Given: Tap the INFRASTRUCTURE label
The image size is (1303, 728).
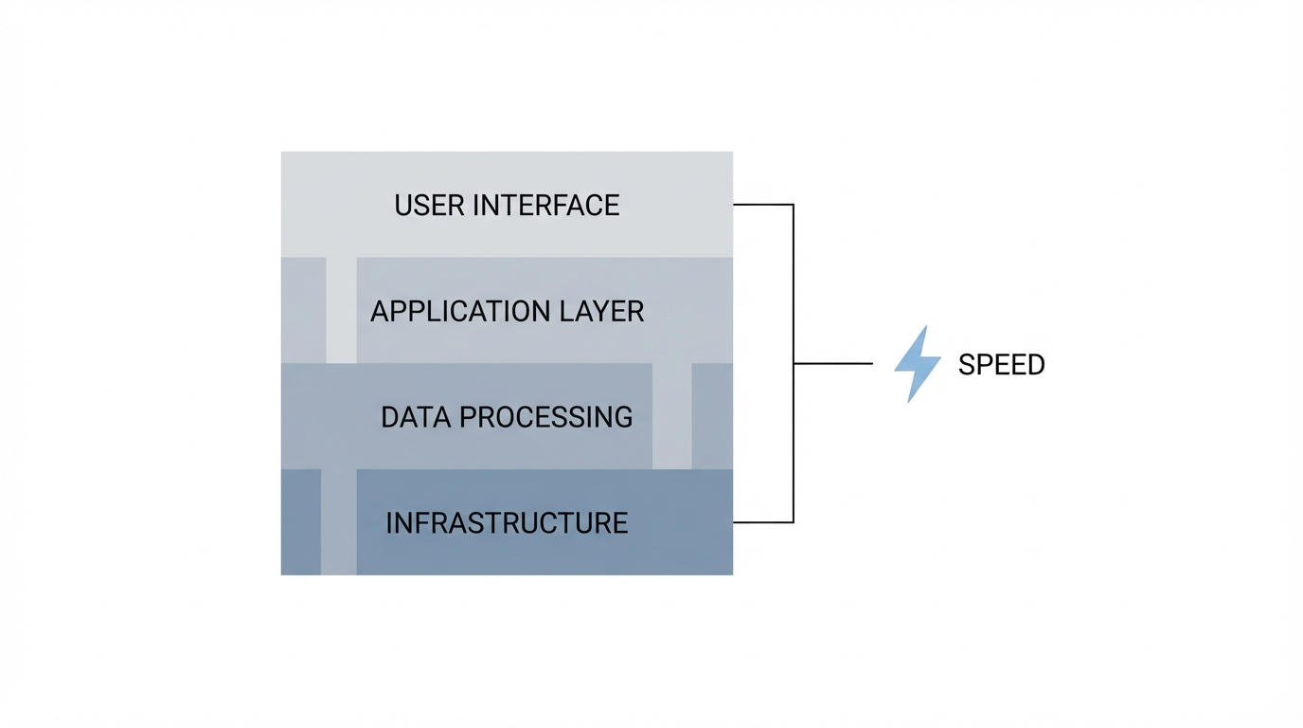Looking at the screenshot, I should (x=507, y=523).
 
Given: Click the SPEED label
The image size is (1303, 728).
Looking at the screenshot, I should (x=1001, y=365).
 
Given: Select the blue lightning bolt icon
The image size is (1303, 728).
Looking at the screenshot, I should (x=917, y=364).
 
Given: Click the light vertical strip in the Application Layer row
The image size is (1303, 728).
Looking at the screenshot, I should (x=341, y=310).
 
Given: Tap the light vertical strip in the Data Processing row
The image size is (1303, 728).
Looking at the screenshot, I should (x=672, y=416).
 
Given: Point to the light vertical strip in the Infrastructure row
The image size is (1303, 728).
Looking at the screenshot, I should (x=339, y=522).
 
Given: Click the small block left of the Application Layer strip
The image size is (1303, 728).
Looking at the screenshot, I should (x=303, y=310).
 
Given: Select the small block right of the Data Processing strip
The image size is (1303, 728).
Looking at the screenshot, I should (x=712, y=416).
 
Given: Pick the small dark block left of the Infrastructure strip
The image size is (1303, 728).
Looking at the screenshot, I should (x=301, y=522).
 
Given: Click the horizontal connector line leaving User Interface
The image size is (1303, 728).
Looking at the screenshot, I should (x=762, y=204).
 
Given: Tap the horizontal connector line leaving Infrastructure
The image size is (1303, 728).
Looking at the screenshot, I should (x=762, y=522).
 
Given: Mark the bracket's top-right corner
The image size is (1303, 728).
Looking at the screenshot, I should (x=793, y=205).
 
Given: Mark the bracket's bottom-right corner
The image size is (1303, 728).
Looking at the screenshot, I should (x=793, y=522).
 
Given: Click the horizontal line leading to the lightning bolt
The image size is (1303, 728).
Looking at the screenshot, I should (x=833, y=363).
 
